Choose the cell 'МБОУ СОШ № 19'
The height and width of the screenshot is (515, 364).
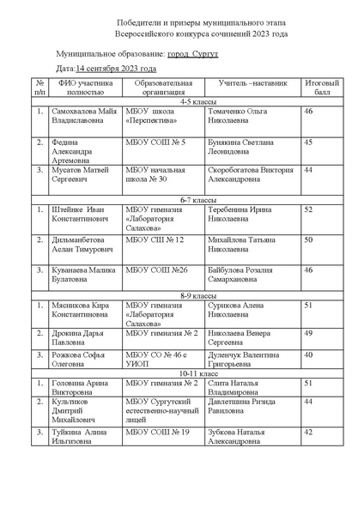coord(155,433)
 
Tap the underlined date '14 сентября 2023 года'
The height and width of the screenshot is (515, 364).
coord(116,68)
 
